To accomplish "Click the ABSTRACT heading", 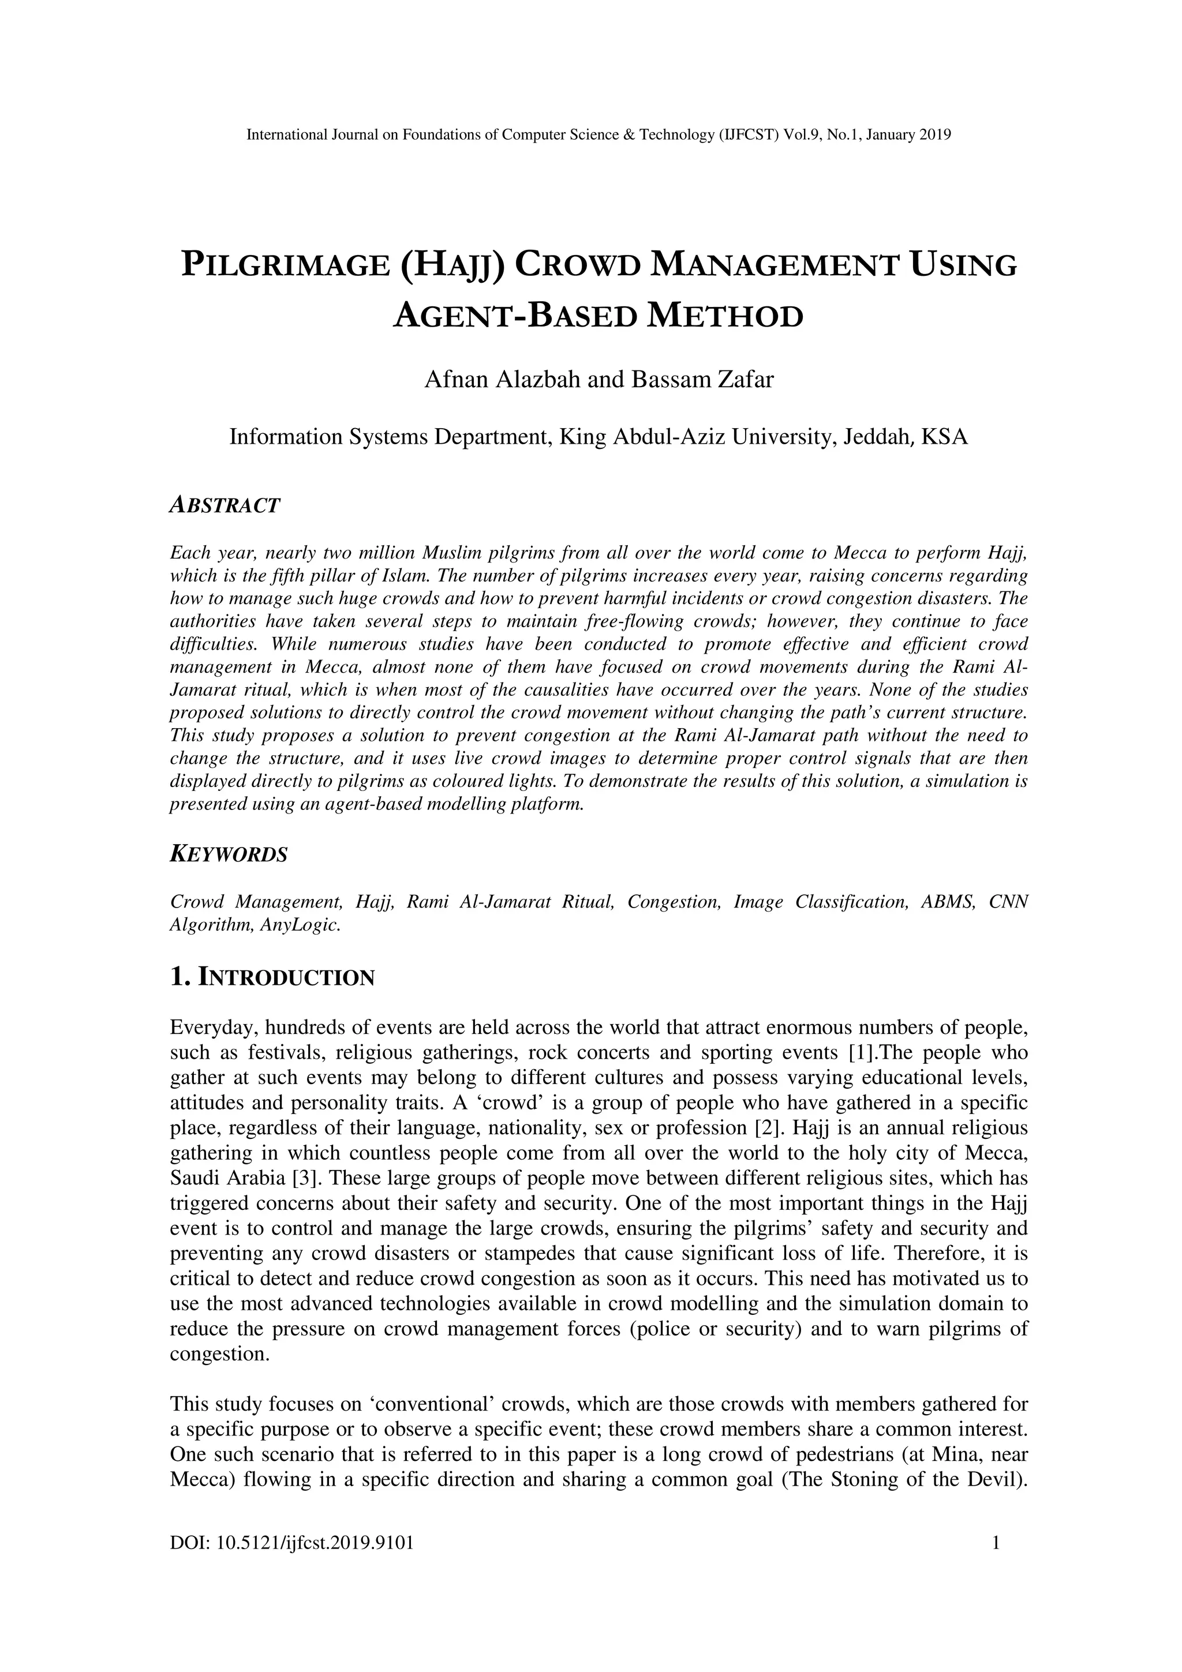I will click(225, 505).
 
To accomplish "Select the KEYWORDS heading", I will click(229, 854).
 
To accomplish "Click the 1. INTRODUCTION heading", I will click(272, 977).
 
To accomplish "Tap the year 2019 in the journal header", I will click(935, 135).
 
